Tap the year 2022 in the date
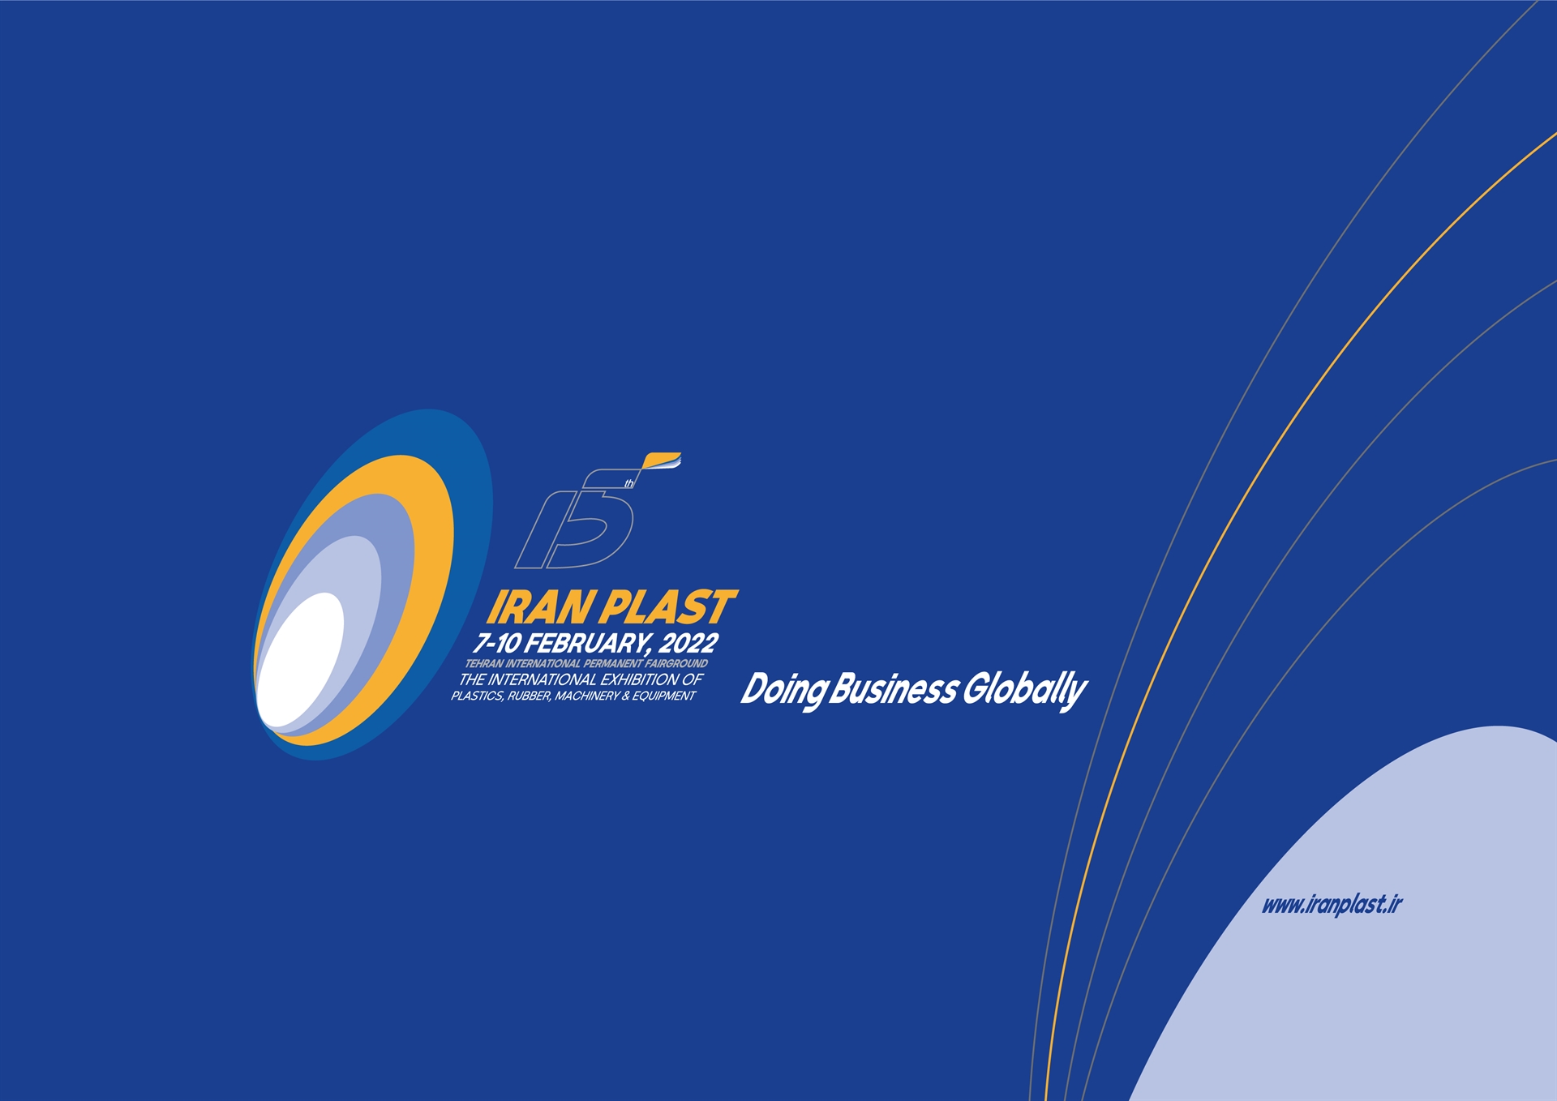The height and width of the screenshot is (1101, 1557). pos(688,644)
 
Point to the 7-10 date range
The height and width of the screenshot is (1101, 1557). pos(497,644)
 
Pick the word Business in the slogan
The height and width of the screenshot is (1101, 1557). pos(894,689)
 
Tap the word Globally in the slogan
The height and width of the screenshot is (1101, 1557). pos(1025,691)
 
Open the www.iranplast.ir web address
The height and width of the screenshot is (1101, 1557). pos(1332,905)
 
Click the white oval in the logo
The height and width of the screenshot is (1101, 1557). pos(300,660)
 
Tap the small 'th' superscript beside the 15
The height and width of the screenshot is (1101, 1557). pos(629,484)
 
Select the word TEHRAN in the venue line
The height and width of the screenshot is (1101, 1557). pos(484,664)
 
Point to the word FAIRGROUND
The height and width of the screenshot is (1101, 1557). pos(676,664)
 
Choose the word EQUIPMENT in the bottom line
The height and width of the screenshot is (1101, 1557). pos(664,696)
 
